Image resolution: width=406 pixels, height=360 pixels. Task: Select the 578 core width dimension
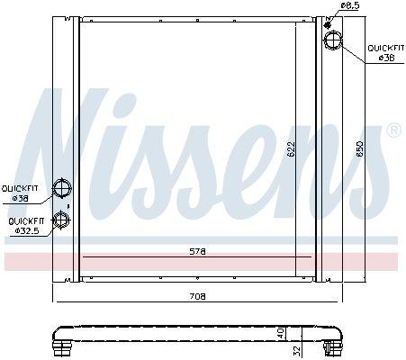[x=198, y=251]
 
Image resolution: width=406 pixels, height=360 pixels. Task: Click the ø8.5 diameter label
[x=349, y=6]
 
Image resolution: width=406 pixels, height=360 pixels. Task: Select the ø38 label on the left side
[x=18, y=198]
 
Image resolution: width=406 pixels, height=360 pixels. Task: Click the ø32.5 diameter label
[x=25, y=230]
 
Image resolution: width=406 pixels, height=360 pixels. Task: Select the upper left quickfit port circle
[x=63, y=188]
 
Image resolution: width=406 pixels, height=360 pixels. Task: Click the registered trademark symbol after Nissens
[x=393, y=130]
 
